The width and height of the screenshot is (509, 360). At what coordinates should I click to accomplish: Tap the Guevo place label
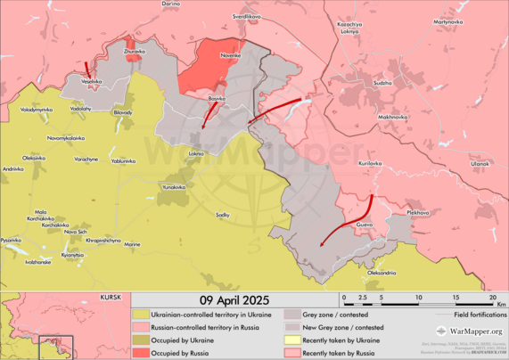(x=364, y=225)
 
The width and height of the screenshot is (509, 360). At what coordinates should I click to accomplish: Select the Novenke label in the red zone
(x=231, y=56)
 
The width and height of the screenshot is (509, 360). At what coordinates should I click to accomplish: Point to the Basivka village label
(x=217, y=98)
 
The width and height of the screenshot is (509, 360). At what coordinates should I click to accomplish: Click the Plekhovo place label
(x=417, y=212)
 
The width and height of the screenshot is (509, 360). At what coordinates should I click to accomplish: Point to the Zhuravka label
(x=134, y=52)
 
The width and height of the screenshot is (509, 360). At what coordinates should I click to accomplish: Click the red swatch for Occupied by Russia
(x=141, y=354)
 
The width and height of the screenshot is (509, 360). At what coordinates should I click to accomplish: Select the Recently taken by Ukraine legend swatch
(x=291, y=340)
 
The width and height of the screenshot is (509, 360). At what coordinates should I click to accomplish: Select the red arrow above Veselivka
(x=87, y=70)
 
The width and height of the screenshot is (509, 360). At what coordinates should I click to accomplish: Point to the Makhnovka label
(x=393, y=117)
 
